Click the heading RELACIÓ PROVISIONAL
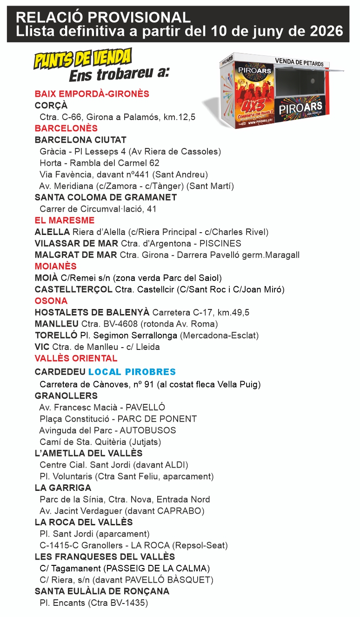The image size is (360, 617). point(103,18)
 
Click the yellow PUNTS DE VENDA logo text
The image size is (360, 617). point(82,59)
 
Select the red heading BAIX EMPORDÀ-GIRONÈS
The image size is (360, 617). point(92,94)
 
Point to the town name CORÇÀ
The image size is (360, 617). point(51,106)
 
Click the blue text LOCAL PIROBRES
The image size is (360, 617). point(132,372)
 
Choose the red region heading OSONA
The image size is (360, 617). point(51,301)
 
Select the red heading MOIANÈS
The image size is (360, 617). point(55,267)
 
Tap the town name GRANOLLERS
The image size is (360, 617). point(66,396)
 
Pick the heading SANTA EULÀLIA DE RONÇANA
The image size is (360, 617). point(102,591)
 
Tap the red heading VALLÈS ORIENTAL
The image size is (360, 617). point(76,359)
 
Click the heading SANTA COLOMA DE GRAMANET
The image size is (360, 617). point(106,197)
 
